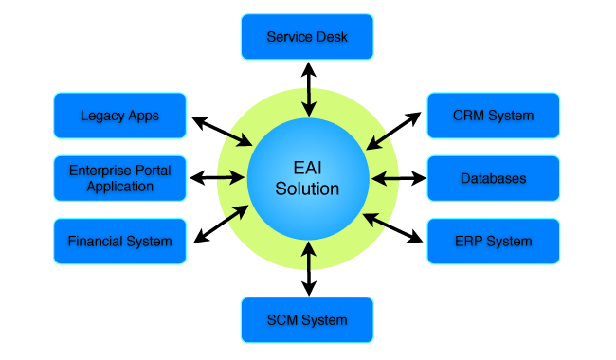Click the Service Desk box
tap(307, 37)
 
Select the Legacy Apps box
tap(119, 116)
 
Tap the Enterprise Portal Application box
tap(119, 178)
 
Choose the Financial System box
tap(119, 241)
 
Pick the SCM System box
tap(307, 320)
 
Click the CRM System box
tap(494, 116)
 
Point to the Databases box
tap(494, 178)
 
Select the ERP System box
tap(494, 241)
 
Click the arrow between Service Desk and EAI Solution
tap(309, 89)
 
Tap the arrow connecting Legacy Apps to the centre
tap(222, 132)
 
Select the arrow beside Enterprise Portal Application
tap(217, 178)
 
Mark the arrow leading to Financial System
tap(221, 224)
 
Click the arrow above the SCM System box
tap(309, 268)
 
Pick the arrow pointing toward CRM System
tap(393, 131)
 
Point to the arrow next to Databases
tap(399, 179)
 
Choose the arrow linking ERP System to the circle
tap(392, 227)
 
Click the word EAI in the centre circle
tap(308, 168)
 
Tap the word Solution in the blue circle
tap(307, 189)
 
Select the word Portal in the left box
tap(153, 171)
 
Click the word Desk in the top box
tap(332, 37)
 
